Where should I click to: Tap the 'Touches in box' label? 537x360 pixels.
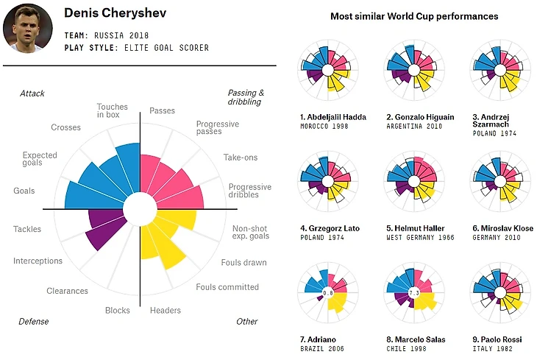pos(112,111)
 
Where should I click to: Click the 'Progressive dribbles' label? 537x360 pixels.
pos(249,191)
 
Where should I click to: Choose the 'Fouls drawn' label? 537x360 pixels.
pos(243,263)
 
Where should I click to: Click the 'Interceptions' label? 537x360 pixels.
pos(38,261)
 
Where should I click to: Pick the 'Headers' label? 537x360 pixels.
pos(166,311)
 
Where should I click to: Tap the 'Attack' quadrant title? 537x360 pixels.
pos(32,93)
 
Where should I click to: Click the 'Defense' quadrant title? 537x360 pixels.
pos(34,322)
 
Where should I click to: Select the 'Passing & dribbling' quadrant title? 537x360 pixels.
pos(246,98)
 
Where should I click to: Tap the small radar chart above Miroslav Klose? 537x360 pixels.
pos(499,181)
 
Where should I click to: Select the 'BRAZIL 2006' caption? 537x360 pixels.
pos(321,349)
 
